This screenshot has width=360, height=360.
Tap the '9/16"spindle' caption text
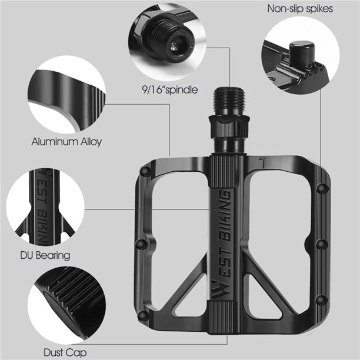point(165,90)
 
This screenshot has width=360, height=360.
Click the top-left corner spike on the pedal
point(145,171)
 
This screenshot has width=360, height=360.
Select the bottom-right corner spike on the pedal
point(321,301)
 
